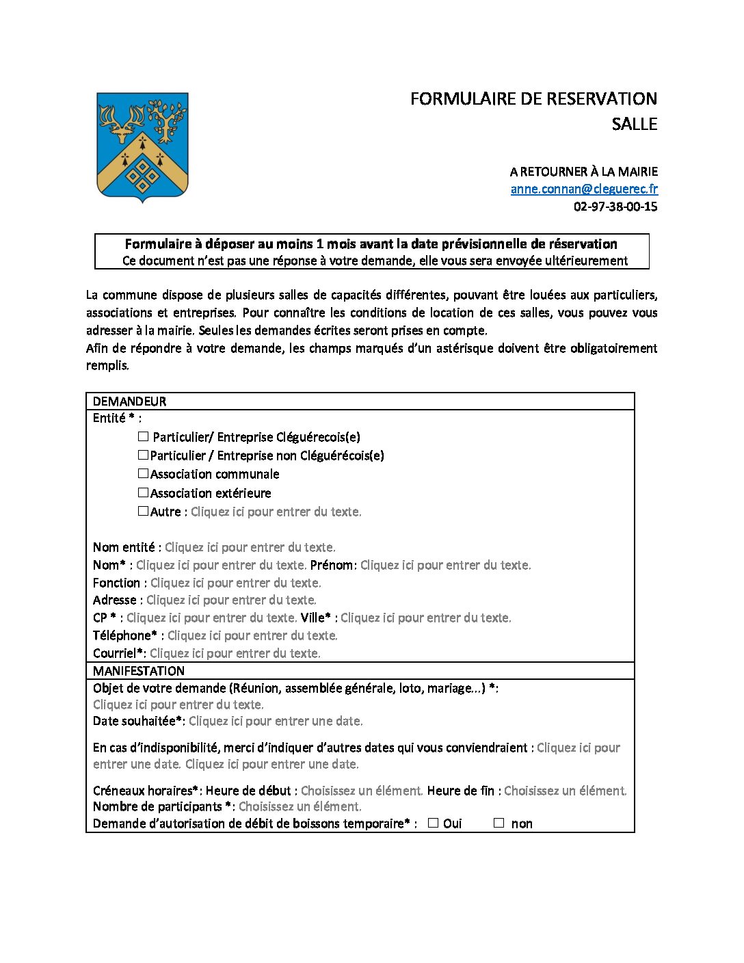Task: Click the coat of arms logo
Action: [142, 146]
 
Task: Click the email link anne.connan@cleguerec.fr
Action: [584, 189]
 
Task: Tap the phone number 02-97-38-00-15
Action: [615, 207]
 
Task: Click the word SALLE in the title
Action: [634, 124]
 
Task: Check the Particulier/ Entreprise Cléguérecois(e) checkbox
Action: [144, 436]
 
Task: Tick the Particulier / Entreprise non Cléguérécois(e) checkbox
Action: [144, 455]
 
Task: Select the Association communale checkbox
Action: [144, 473]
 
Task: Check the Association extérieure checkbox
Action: [144, 492]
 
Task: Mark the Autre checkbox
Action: [144, 511]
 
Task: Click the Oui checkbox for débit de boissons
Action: [433, 823]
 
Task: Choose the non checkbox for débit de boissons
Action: [499, 823]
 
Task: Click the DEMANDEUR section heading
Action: [129, 401]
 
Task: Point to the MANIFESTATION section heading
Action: [139, 671]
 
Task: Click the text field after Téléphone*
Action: [252, 635]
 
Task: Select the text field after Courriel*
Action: [235, 653]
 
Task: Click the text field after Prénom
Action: [445, 565]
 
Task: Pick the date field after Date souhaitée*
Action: [276, 721]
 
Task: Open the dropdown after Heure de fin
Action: [565, 791]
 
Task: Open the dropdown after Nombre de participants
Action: [300, 806]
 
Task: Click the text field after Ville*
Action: [425, 618]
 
